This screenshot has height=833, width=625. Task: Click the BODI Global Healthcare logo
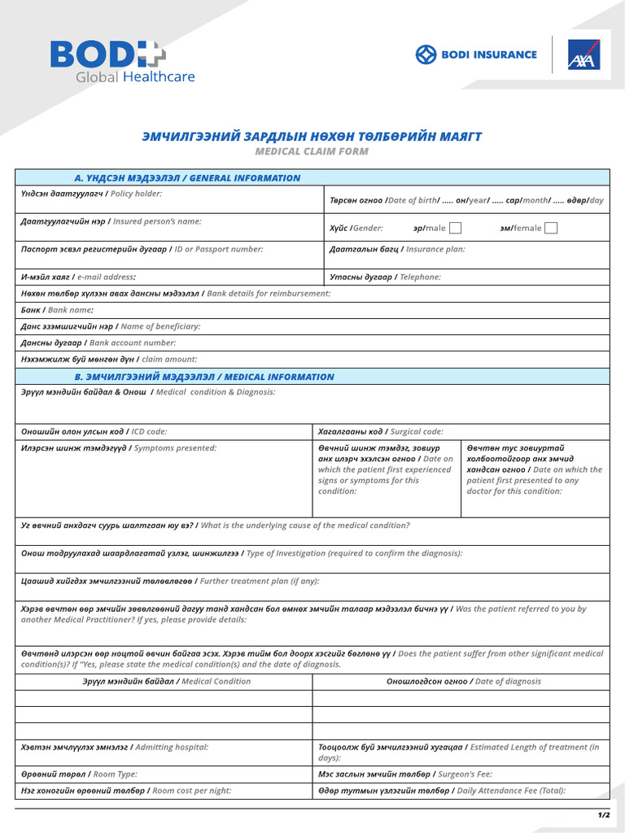(122, 61)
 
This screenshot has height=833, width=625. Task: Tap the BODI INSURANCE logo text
(477, 55)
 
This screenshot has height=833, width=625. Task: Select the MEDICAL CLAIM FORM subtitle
(312, 151)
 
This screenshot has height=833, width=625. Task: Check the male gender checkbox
(456, 228)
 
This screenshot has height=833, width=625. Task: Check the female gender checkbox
(551, 228)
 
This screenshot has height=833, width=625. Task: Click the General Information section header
(187, 178)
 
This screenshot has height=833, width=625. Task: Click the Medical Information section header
(203, 377)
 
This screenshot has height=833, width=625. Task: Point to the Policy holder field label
(91, 194)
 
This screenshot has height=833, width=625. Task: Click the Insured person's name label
(111, 221)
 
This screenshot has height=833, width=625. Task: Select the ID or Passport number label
(142, 249)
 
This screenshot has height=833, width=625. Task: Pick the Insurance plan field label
(397, 249)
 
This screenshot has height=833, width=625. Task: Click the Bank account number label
(98, 342)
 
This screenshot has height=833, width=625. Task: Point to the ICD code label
(94, 431)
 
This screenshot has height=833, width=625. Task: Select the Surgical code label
(380, 431)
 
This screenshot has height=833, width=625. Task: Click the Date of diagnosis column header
(463, 681)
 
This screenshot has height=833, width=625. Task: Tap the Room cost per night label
(125, 790)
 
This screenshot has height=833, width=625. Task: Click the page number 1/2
(603, 814)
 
